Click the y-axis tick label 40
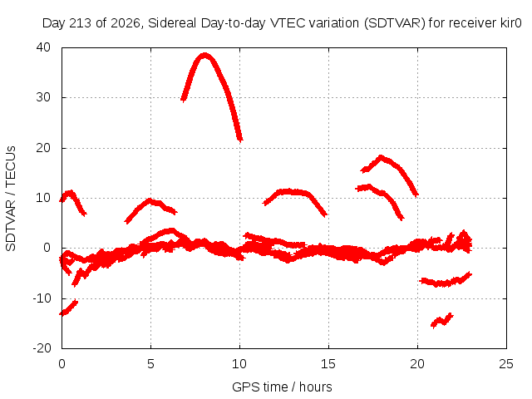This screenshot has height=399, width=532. pos(43,47)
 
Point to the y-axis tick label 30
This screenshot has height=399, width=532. pos(43,97)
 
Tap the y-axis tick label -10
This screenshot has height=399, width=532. pos(42,298)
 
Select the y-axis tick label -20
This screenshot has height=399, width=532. pos(42,348)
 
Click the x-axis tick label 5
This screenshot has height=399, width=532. pos(150,364)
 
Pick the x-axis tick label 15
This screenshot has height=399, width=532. pos(328,364)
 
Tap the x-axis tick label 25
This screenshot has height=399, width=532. pos(506,364)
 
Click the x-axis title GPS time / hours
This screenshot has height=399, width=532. pos(282,387)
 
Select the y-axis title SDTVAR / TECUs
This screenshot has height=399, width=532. pos(11,199)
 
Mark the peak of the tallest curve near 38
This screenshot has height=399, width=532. pos(204,56)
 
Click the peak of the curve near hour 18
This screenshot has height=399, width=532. pos(381,158)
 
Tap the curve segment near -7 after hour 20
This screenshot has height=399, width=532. pos(446,282)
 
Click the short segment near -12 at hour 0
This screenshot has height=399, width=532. pos(69,308)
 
